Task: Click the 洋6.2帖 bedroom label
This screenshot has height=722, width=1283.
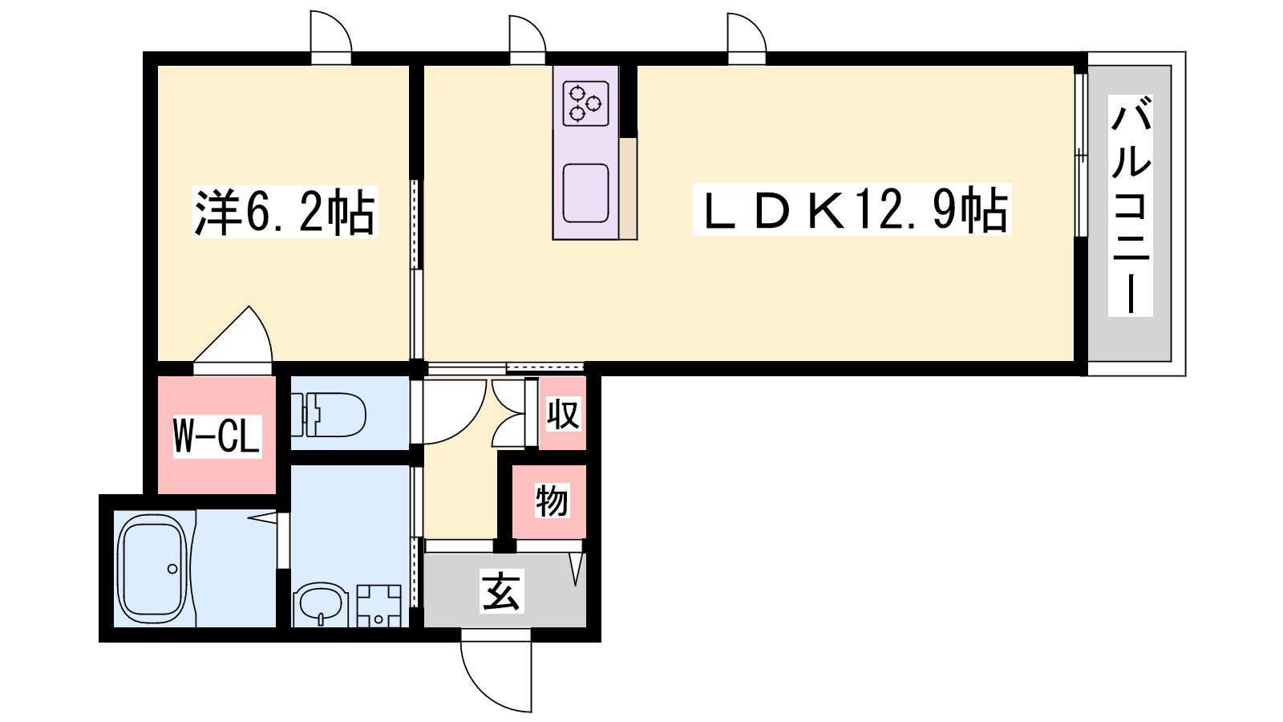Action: [x=285, y=212]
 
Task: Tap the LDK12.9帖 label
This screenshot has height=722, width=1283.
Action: [x=852, y=209]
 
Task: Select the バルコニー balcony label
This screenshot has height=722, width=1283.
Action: [x=1131, y=205]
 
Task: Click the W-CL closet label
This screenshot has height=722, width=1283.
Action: [x=217, y=436]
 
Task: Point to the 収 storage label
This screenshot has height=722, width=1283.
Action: [x=563, y=414]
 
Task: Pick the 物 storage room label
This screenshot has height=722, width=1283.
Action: [x=552, y=501]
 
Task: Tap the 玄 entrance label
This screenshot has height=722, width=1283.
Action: [x=501, y=591]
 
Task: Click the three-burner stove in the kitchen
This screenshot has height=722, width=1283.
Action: [x=585, y=103]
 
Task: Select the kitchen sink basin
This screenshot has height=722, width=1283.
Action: [x=585, y=193]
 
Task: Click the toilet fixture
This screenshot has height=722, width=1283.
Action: [x=328, y=414]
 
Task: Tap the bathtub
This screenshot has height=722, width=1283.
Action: [x=152, y=569]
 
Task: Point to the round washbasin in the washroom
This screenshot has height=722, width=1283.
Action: [x=321, y=605]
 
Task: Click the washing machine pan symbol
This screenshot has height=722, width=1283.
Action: [x=378, y=606]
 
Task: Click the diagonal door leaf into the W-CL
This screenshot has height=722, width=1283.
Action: [x=221, y=334]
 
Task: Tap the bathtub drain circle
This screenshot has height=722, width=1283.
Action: [x=172, y=569]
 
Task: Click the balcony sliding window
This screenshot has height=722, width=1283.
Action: [x=1080, y=155]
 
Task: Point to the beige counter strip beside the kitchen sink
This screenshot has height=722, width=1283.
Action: [x=629, y=189]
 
